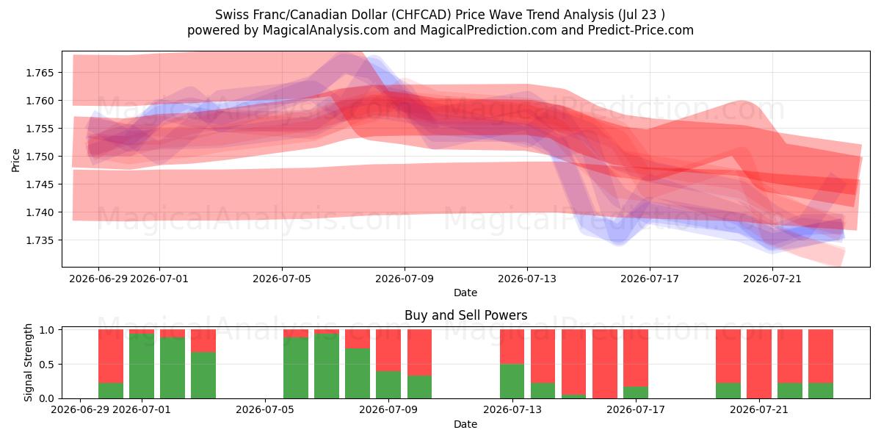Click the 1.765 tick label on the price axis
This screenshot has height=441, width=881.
(x=40, y=73)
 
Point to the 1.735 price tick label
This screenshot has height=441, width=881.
(x=40, y=240)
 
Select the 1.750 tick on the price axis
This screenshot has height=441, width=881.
(x=40, y=157)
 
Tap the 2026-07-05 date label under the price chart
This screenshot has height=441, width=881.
(x=282, y=279)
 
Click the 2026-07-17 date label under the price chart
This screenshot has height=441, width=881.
(x=650, y=279)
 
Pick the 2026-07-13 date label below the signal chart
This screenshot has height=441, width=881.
(x=512, y=409)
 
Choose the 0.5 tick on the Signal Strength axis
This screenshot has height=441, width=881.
(x=46, y=365)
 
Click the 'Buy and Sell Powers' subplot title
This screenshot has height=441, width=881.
(x=465, y=315)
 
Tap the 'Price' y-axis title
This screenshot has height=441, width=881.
(x=15, y=160)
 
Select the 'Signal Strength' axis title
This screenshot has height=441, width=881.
(x=28, y=362)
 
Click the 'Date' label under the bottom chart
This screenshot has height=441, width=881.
(x=465, y=424)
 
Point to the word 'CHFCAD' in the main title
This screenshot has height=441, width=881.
(x=423, y=15)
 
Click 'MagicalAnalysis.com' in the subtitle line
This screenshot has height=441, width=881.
(x=326, y=30)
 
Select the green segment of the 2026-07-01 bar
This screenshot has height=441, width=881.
(x=142, y=366)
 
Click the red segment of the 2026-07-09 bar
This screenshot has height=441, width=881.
(x=388, y=350)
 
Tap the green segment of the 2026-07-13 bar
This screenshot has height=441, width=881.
(x=512, y=381)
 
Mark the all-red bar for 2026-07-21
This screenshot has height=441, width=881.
(x=759, y=364)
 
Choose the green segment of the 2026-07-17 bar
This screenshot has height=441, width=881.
(x=636, y=392)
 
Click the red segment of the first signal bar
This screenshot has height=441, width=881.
(x=111, y=356)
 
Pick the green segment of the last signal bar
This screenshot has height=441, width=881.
(x=821, y=390)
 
